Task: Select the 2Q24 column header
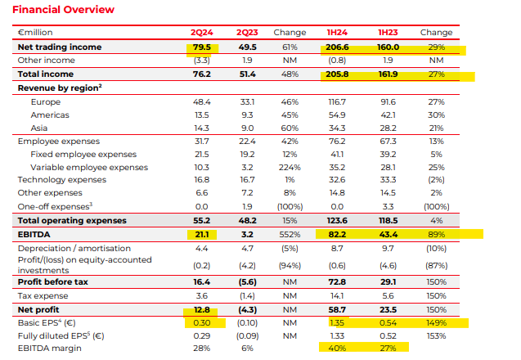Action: click(x=201, y=33)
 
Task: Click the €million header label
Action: click(x=37, y=33)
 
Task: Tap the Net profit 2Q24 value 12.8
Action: click(x=201, y=310)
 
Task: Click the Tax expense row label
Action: click(x=43, y=295)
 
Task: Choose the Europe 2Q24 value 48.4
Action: click(x=201, y=101)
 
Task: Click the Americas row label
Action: click(x=51, y=115)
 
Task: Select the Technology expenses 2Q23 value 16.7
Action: click(x=245, y=180)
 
